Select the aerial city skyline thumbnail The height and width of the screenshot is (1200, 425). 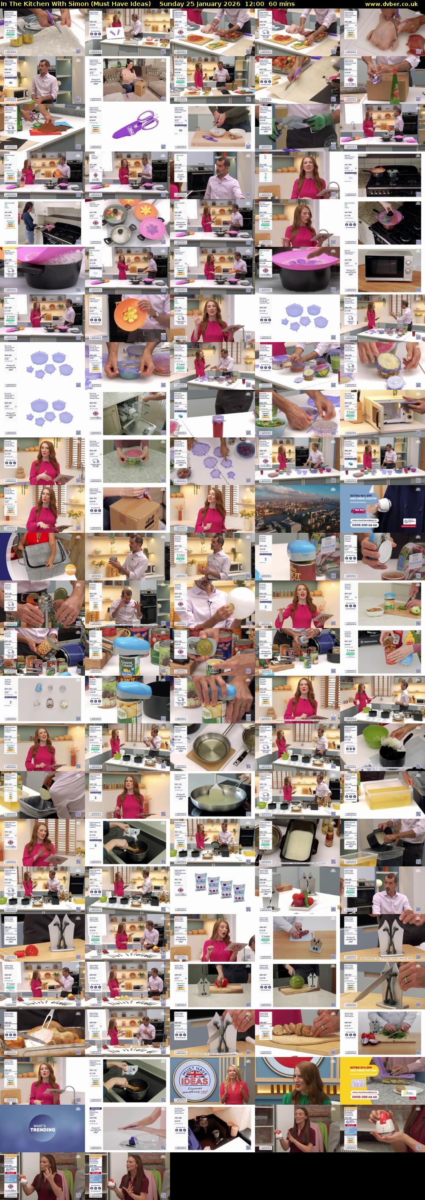coord(297,509)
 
